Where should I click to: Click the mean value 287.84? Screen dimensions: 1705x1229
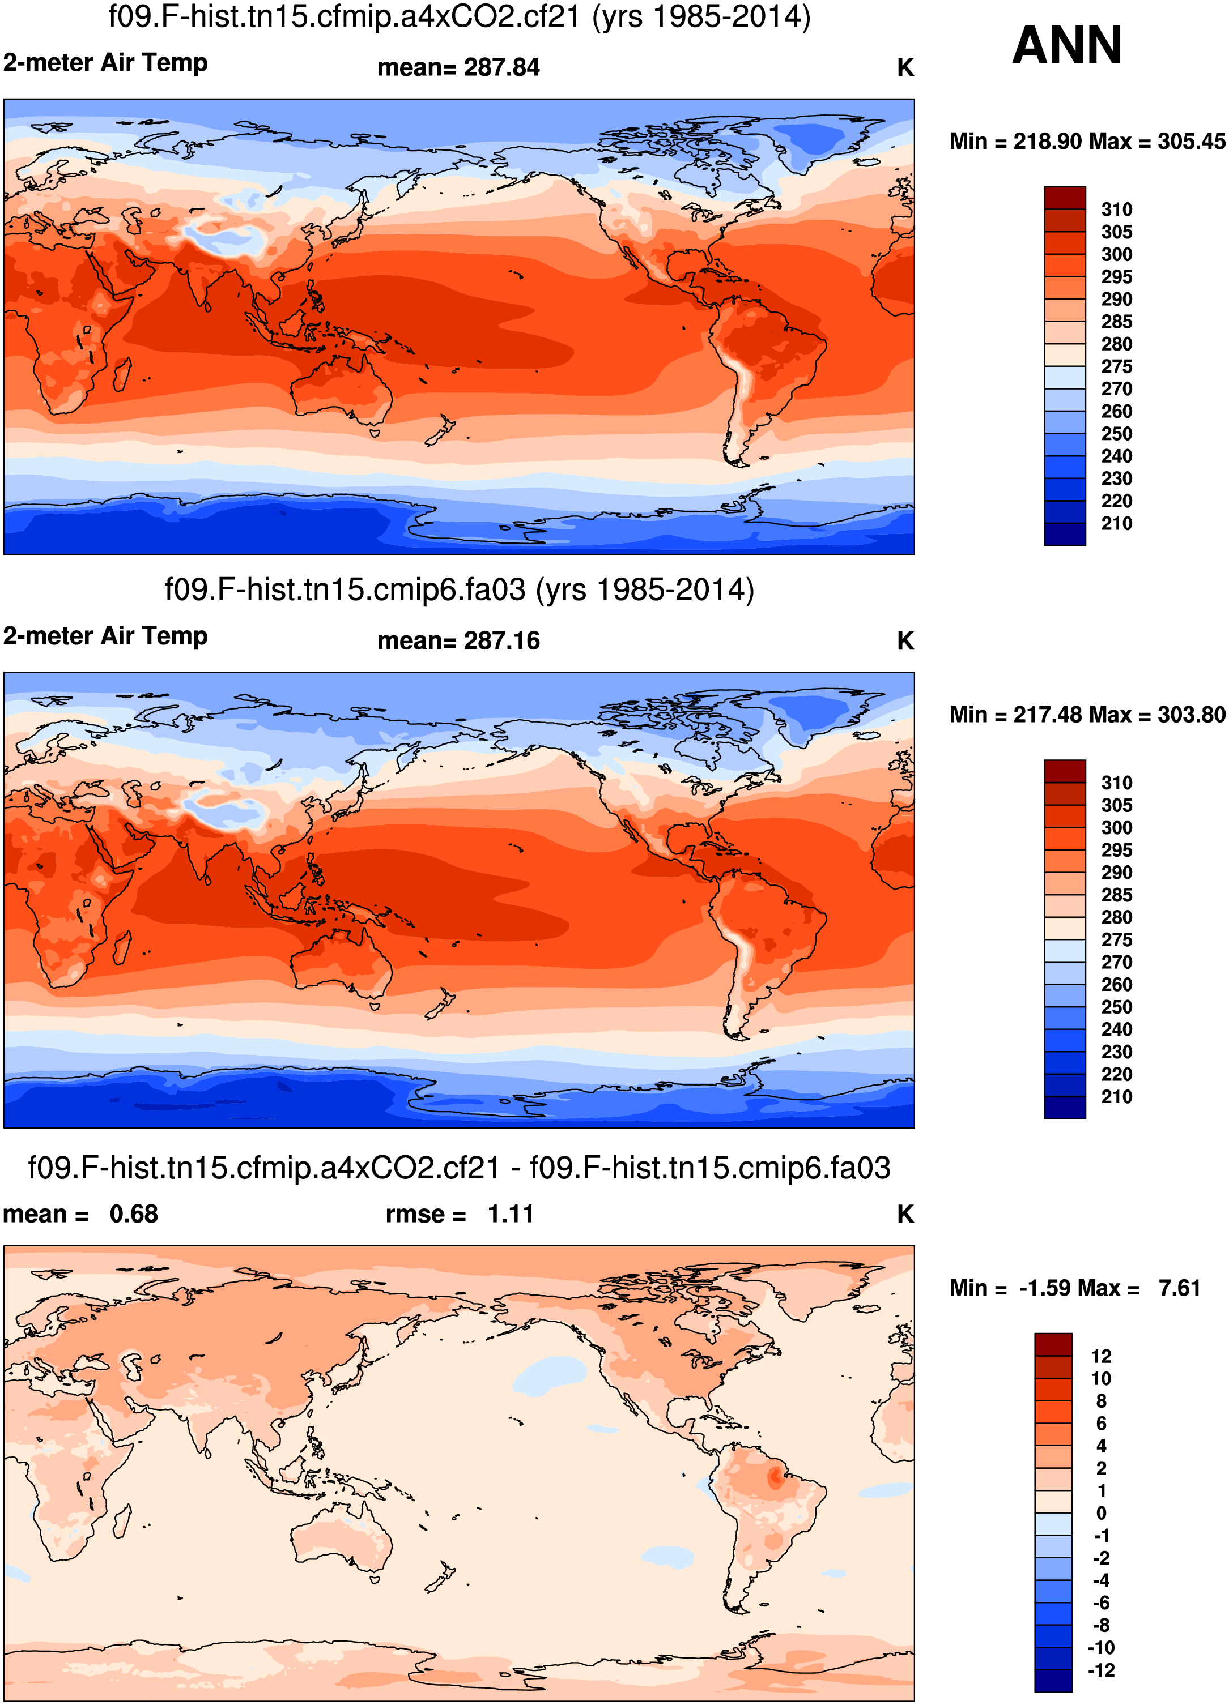click(501, 67)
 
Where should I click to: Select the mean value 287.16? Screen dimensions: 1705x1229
click(501, 640)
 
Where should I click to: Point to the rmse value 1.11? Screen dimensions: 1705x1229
click(511, 1214)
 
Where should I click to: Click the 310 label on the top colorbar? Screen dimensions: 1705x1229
click(1116, 210)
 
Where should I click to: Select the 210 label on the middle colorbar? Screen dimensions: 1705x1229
click(1116, 1097)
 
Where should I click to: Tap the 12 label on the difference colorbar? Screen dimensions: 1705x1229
click(1101, 1356)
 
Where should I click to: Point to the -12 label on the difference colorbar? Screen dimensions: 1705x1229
click(1101, 1670)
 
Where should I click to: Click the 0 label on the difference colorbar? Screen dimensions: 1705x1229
click(1101, 1513)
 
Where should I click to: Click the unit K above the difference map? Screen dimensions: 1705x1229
click(905, 1214)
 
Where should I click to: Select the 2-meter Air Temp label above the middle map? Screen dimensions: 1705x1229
click(105, 636)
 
